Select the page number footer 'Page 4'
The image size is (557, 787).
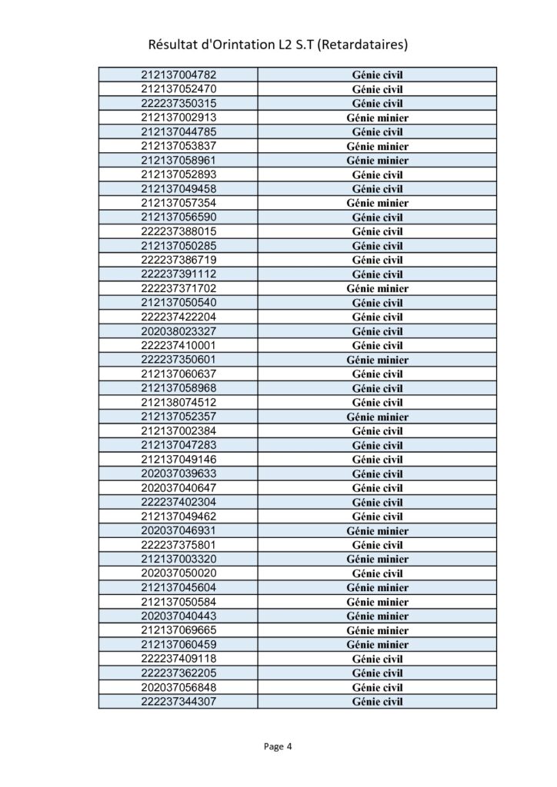(x=278, y=745)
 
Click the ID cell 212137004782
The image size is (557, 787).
(x=178, y=75)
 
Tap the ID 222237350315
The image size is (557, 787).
(x=178, y=103)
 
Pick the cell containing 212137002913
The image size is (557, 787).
(x=178, y=118)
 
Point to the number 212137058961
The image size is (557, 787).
(x=178, y=161)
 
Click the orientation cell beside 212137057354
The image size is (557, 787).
(x=377, y=203)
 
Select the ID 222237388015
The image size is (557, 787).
(x=178, y=231)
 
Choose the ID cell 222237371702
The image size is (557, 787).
(x=178, y=288)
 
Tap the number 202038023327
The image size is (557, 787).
(x=178, y=331)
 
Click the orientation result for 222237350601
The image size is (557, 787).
(x=377, y=360)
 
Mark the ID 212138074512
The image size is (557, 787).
(x=178, y=402)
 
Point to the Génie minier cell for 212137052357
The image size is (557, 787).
(x=377, y=417)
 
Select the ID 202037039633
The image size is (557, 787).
(x=178, y=473)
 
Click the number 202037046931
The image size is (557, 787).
(x=178, y=530)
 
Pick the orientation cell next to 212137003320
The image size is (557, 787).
(x=377, y=559)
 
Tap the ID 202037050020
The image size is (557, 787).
(x=178, y=573)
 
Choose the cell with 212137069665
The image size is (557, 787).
(x=178, y=630)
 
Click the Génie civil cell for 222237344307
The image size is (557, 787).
(x=377, y=702)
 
